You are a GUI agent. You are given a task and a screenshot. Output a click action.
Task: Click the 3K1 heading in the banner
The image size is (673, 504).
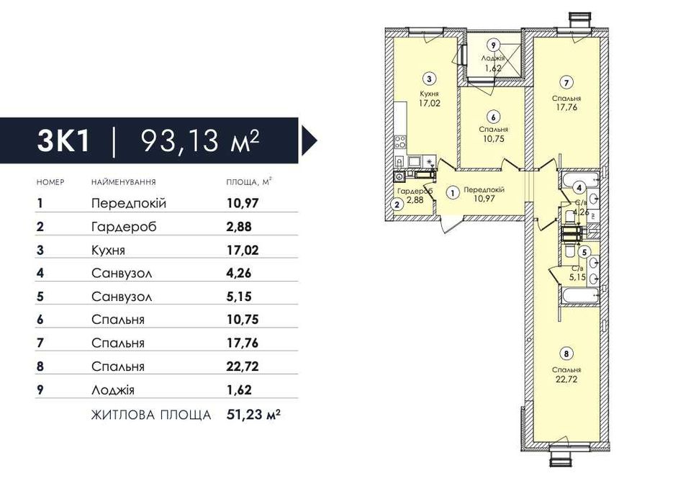[x=63, y=141]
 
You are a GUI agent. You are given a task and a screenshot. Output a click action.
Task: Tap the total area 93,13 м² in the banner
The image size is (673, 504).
[x=200, y=141]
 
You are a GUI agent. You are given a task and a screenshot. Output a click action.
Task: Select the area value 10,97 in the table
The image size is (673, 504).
[x=243, y=203]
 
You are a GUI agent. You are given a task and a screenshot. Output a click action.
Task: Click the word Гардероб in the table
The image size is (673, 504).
[x=124, y=227]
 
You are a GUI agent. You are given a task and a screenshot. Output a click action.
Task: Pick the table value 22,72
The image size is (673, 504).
[x=243, y=366]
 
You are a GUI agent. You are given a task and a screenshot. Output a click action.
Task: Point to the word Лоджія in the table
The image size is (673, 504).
[x=113, y=390]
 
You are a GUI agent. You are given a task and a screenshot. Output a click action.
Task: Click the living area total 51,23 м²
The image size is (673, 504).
[x=253, y=415]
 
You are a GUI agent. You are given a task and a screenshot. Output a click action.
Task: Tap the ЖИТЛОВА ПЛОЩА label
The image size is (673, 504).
[x=151, y=415]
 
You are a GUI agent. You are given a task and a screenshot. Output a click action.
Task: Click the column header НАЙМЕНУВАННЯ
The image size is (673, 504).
[x=124, y=182]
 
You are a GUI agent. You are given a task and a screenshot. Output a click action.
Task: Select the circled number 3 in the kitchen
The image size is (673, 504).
[x=429, y=78]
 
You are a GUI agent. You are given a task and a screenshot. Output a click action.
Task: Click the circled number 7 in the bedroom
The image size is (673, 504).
[x=566, y=82]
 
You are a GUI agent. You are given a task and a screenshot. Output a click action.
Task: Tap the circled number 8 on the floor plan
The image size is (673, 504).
[x=566, y=354]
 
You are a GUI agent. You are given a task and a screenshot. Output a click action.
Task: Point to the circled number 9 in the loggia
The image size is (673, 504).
[x=494, y=45]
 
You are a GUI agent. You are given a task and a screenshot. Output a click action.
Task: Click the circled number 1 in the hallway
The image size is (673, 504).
[x=453, y=194]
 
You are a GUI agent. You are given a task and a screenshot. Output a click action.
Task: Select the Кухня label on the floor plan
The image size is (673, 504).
[x=429, y=94]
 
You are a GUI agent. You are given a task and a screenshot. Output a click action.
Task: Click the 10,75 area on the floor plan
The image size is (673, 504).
[x=494, y=139]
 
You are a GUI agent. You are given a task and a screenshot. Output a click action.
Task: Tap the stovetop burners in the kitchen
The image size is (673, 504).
[x=400, y=142]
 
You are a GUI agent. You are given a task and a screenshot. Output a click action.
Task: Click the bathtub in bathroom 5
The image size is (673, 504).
[x=580, y=296]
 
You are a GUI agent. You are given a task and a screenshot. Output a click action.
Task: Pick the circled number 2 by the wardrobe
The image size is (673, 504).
[x=397, y=204]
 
